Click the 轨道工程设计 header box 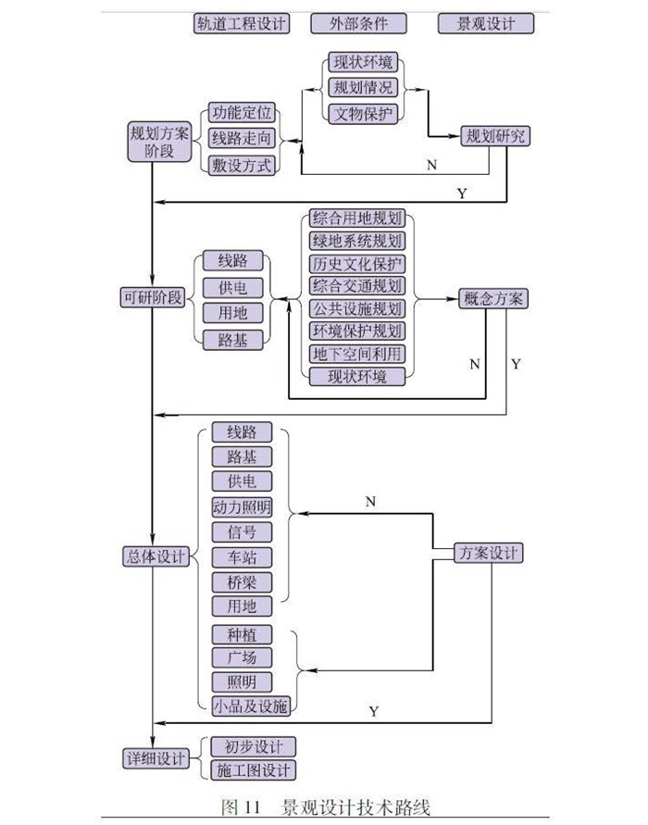pos(242,24)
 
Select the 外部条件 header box pos(359,24)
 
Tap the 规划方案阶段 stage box pos(159,142)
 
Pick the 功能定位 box pos(242,113)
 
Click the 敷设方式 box pos(242,166)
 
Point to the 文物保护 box pos(364,114)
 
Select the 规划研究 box pos(495,136)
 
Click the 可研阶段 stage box pos(153,297)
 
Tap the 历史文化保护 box pos(357,264)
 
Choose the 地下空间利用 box pos(357,354)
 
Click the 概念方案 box pos(492,298)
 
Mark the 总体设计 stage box pos(156,556)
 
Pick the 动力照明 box pos(242,506)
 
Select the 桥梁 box pos(242,581)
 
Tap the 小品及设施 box pos(250,706)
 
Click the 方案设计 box pos(489,553)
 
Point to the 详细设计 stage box pos(156,758)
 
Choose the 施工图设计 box pos(253,770)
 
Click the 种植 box pos(242,634)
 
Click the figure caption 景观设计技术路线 pos(355,806)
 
